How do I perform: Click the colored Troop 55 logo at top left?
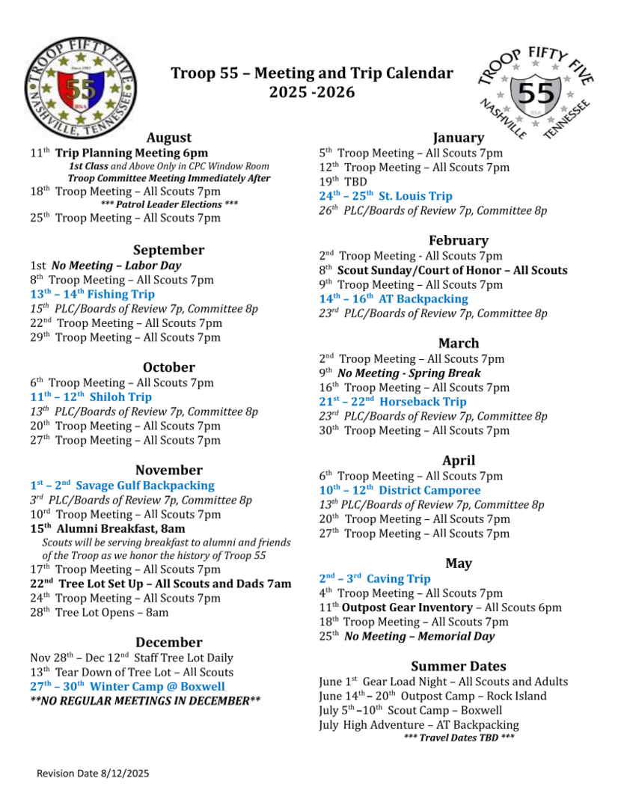[x=81, y=89]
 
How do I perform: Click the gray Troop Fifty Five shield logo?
[x=534, y=92]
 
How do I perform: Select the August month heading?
[x=168, y=138]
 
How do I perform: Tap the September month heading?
[x=168, y=250]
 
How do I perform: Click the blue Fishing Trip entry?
[x=92, y=294]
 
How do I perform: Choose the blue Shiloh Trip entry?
[x=91, y=397]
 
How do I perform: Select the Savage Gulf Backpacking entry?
[x=122, y=486]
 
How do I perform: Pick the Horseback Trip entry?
[x=393, y=402]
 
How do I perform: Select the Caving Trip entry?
[x=375, y=578]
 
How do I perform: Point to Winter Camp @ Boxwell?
[x=127, y=686]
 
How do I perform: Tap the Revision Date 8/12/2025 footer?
[x=93, y=773]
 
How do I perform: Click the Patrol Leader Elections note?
[x=169, y=204]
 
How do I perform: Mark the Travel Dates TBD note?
[x=459, y=738]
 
